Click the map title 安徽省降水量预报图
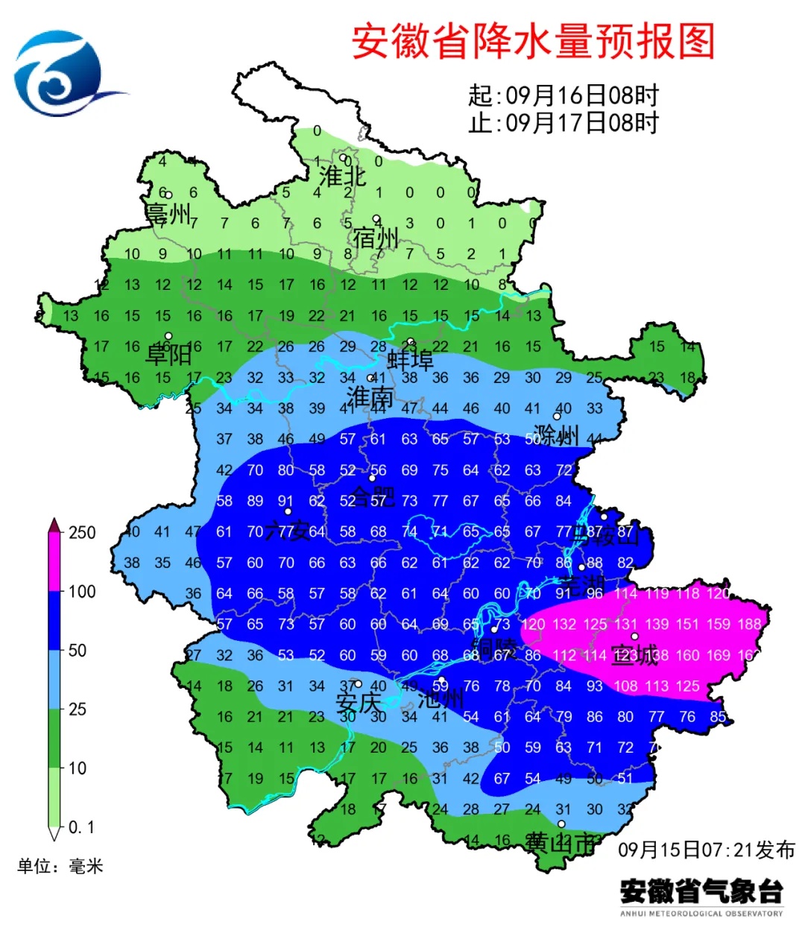[533, 41]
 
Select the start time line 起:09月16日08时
[563, 95]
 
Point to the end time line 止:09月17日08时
[563, 122]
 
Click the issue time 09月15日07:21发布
[706, 850]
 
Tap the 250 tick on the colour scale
[82, 532]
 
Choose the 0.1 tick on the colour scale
[81, 827]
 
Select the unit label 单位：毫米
[60, 866]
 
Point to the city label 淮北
[343, 177]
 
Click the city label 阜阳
[168, 354]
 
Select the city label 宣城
[635, 656]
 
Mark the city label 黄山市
[561, 843]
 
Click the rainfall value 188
[749, 624]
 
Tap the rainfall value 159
[719, 624]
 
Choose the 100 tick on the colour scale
[82, 592]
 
